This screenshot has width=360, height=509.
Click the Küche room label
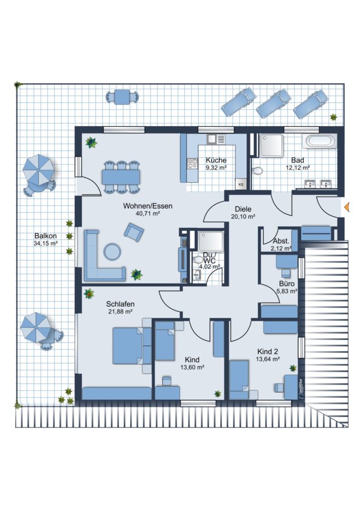coord(216,161)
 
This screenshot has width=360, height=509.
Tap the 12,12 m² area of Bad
coord(298,168)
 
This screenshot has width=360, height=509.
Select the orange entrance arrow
coord(346,206)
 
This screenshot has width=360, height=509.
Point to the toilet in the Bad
coord(258,170)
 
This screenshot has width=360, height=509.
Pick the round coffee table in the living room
coord(113,251)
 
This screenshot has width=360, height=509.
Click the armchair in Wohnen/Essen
coord(134,232)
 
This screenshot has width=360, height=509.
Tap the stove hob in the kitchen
coord(192,163)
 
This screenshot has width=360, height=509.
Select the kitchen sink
coord(216,139)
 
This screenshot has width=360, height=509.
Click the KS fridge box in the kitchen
coord(241,184)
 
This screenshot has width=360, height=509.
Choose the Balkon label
coord(45,236)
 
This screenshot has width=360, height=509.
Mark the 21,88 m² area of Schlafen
coord(120,312)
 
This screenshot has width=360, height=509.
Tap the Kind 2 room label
coord(267,352)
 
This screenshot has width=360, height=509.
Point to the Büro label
coord(286,284)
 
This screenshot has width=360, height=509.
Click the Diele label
coord(243,209)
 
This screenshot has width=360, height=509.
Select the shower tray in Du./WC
coord(211,241)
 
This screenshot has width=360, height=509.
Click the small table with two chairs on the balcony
coord(122,97)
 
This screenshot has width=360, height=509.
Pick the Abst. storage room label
coord(281,241)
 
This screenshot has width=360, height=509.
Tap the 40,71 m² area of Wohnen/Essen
coord(148,214)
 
